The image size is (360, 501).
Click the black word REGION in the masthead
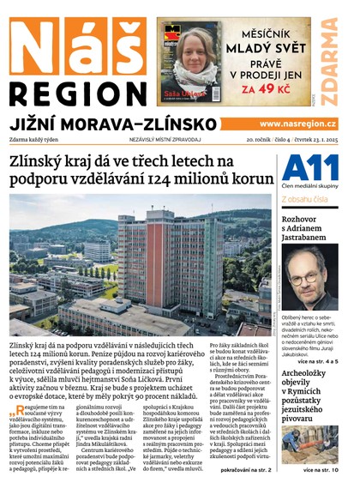(x=77, y=94)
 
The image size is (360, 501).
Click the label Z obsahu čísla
(x=307, y=200)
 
